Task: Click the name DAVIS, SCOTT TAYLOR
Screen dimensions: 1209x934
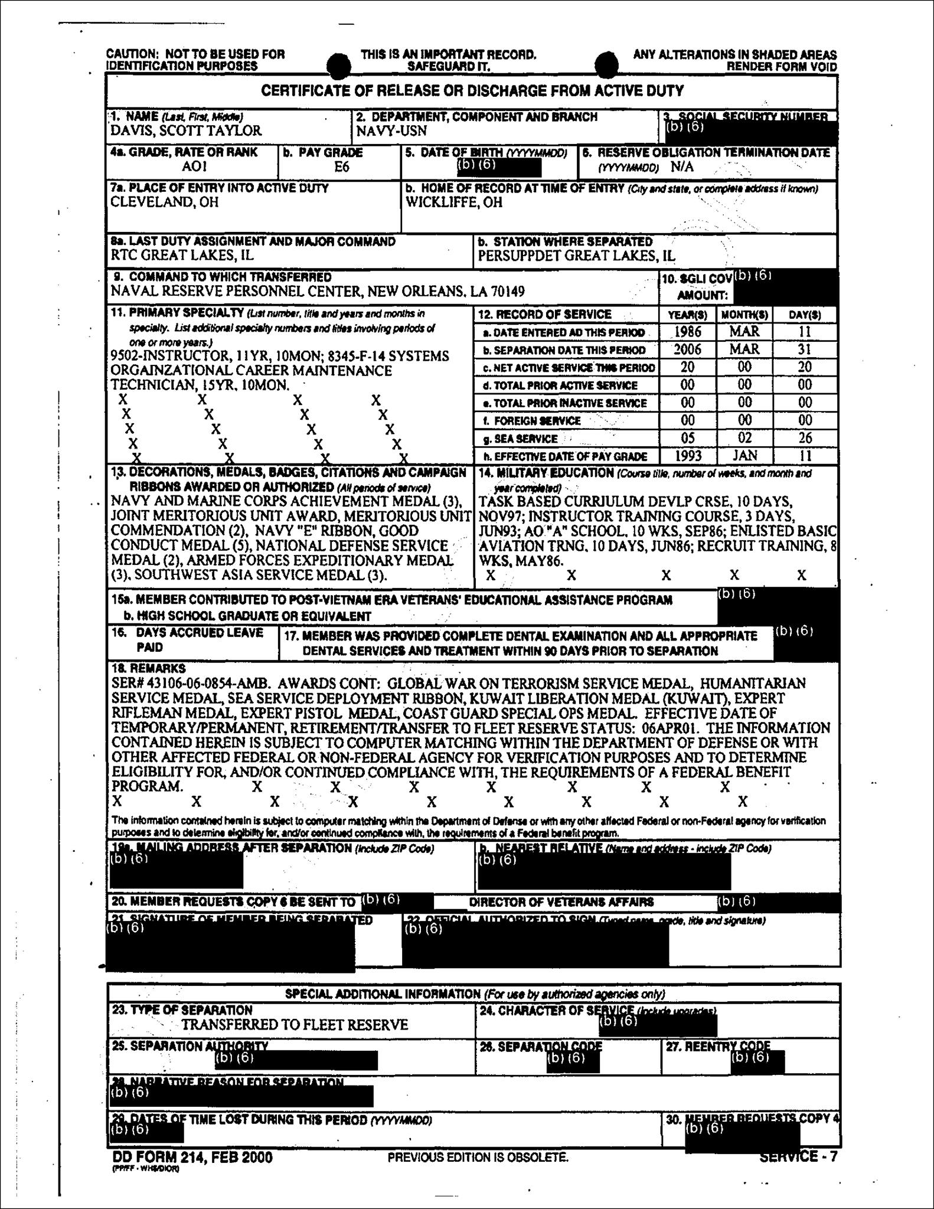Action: [186, 131]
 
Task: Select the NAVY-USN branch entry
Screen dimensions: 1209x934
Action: [391, 131]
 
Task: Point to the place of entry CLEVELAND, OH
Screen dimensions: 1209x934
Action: [165, 202]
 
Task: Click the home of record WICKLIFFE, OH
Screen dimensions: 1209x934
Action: [454, 202]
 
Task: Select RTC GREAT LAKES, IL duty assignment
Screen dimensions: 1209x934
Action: [182, 256]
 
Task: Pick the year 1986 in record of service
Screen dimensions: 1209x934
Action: [687, 332]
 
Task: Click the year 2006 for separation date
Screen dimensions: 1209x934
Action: [687, 349]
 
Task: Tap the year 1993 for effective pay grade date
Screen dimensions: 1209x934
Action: [687, 456]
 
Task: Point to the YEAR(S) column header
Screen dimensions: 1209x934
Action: [687, 315]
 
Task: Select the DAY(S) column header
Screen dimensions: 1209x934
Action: [805, 315]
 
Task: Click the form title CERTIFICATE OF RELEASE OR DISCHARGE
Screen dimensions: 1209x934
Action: [472, 91]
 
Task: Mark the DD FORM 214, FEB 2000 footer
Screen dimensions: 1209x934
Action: [192, 1157]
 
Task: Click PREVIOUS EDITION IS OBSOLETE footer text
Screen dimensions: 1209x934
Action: [478, 1158]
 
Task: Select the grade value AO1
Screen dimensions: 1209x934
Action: [194, 167]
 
